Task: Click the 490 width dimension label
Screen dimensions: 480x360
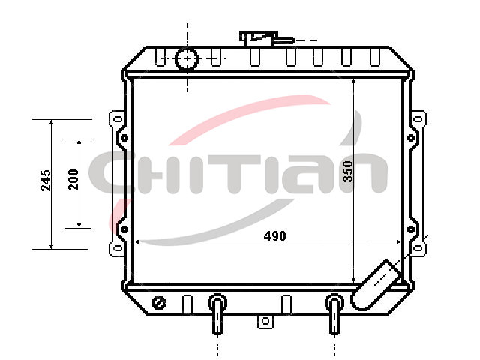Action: (x=275, y=236)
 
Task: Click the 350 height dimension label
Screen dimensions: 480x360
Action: (x=348, y=172)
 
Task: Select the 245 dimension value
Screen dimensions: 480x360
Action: (x=46, y=181)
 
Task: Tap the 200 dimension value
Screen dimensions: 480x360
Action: (x=73, y=180)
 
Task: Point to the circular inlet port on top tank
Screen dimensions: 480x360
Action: (x=187, y=58)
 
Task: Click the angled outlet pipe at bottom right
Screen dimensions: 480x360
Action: (x=376, y=285)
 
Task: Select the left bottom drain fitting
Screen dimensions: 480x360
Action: (x=217, y=313)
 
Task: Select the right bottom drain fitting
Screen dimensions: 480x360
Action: (x=334, y=313)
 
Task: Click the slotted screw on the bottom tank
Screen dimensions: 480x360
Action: (x=159, y=303)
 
